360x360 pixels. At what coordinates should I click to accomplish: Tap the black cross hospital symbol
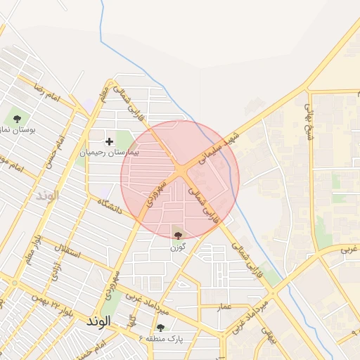[x=109, y=141]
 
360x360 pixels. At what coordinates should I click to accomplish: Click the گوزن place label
[x=177, y=247]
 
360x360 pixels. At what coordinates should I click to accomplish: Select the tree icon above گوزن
[x=177, y=235]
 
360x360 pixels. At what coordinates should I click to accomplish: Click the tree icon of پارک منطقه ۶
[x=161, y=328]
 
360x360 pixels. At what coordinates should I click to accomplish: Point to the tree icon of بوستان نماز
[x=17, y=118]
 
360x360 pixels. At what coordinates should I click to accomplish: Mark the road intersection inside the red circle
[x=181, y=170]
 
